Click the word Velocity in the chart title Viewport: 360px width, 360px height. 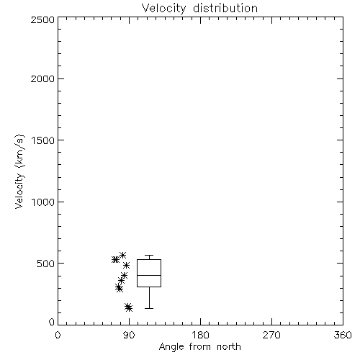[164, 9]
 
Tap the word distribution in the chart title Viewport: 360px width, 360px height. [225, 8]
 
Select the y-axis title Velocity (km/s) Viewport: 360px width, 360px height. [19, 171]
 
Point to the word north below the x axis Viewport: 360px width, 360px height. [229, 346]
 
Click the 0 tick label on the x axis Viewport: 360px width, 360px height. [58, 335]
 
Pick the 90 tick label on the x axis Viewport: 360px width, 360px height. [129, 335]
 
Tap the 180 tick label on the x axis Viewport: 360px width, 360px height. [200, 335]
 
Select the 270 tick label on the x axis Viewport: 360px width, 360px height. [271, 335]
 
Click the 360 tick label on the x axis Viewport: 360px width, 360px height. [343, 335]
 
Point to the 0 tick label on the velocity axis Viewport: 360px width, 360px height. [52, 322]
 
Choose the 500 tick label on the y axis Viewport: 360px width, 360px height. [46, 264]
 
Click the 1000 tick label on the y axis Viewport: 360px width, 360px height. [43, 202]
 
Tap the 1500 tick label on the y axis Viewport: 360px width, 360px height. [43, 140]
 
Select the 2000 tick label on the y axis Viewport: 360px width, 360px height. [43, 79]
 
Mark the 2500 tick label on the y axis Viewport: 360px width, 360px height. [43, 19]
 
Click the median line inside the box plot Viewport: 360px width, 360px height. [149, 275]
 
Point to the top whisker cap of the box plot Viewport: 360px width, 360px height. [149, 255]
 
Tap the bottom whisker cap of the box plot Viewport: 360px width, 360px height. [149, 308]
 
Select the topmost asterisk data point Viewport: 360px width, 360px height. [123, 255]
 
